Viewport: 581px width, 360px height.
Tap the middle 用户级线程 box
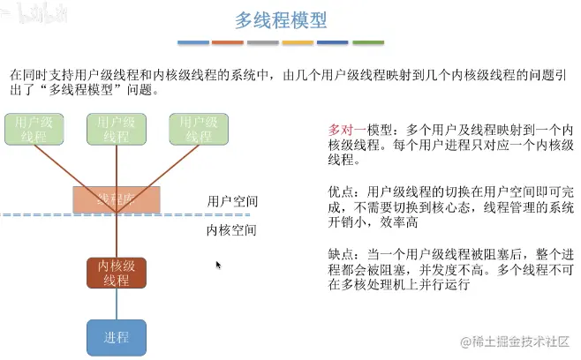click(116, 129)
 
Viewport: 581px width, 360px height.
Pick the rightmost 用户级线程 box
click(199, 129)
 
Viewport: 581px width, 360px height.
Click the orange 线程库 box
click(117, 199)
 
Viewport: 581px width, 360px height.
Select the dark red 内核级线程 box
click(116, 274)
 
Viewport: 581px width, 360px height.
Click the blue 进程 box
click(116, 337)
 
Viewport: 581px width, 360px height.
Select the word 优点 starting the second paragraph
click(340, 191)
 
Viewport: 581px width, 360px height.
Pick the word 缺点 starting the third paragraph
click(340, 253)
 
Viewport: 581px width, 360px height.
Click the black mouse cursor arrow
click(218, 264)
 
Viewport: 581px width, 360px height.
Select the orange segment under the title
click(228, 41)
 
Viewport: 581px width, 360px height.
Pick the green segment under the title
click(369, 41)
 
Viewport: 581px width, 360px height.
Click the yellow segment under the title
click(298, 41)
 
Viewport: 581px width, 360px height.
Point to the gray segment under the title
click(263, 41)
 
